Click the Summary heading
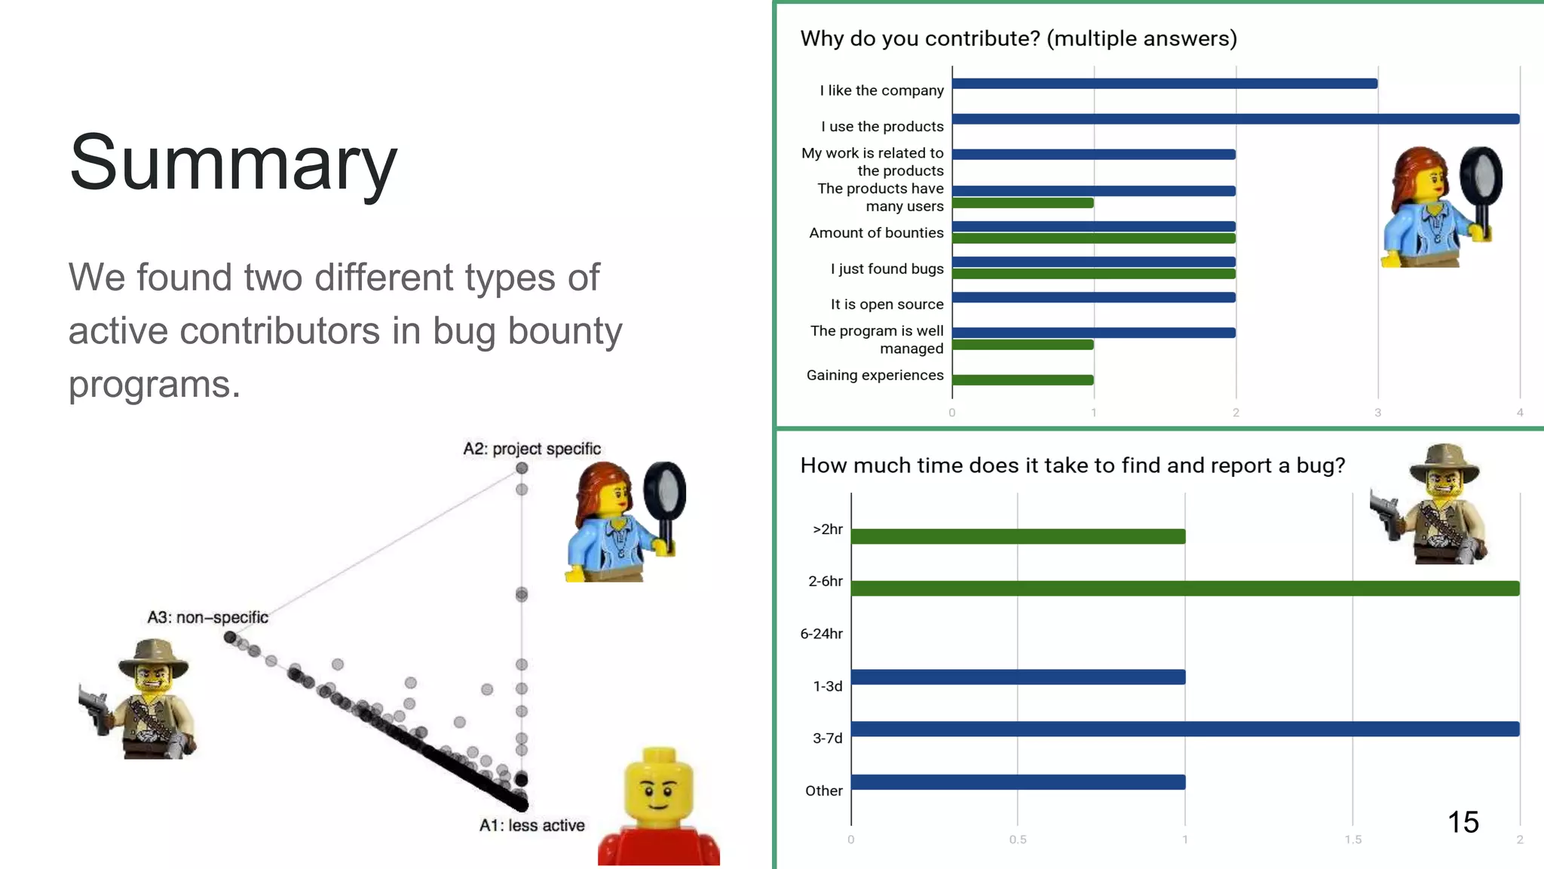(233, 162)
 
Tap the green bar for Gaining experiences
(1022, 380)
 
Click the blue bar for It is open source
(1093, 297)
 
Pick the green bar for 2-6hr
(1184, 588)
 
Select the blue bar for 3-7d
(1184, 729)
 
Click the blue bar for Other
(1018, 782)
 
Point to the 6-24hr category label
(821, 634)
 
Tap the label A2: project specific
(532, 449)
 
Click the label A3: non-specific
(207, 617)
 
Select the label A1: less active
(532, 825)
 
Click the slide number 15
(1463, 822)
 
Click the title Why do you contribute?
(1018, 38)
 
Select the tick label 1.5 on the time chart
(1353, 840)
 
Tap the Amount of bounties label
(876, 233)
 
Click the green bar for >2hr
(1018, 536)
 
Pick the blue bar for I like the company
(1164, 84)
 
